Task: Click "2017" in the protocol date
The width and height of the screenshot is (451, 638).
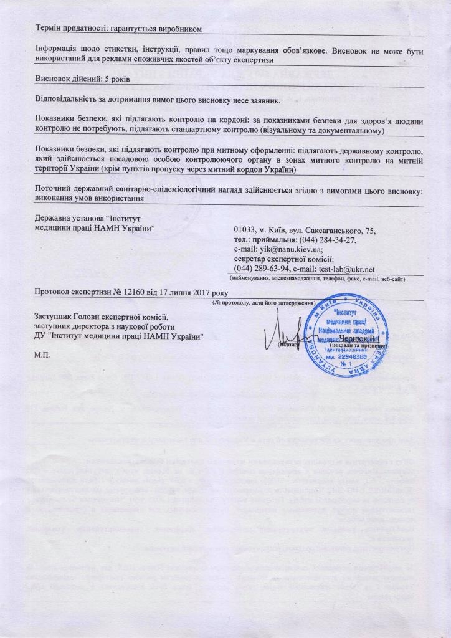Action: [199, 293]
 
